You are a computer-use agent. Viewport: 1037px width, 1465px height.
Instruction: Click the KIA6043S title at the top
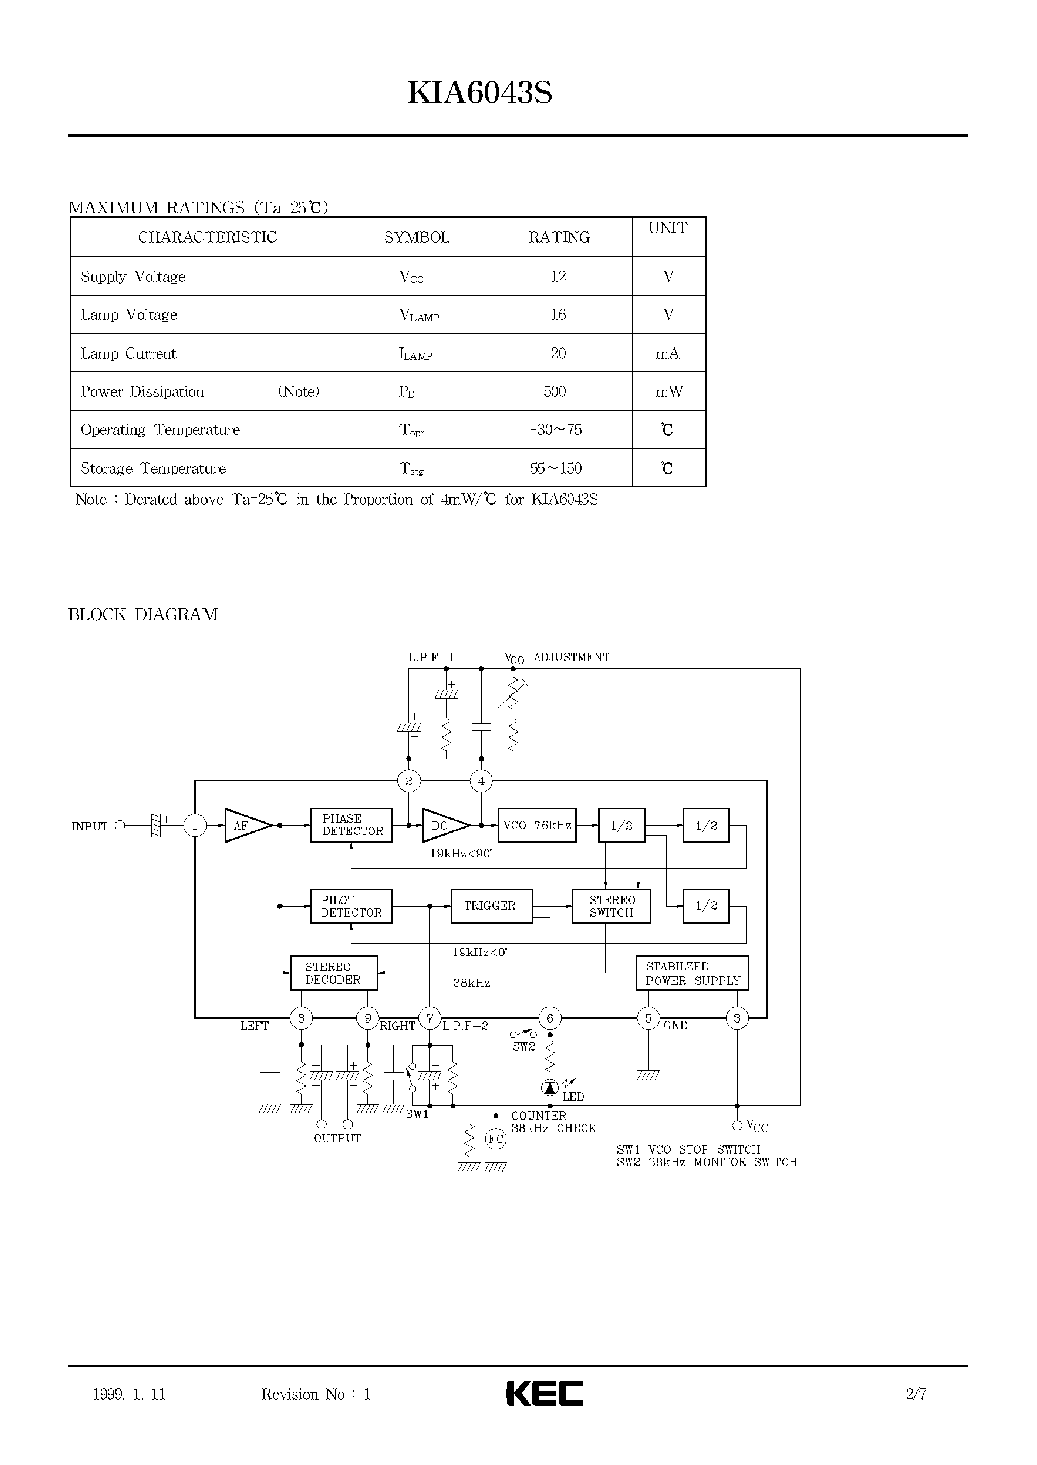pos(480,93)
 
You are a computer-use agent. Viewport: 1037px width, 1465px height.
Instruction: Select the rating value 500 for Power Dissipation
pos(555,391)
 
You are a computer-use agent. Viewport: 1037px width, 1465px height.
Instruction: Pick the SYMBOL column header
pos(417,237)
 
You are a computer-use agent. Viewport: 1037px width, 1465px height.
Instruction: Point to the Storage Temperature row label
pos(153,468)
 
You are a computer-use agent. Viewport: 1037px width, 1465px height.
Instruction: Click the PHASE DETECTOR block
pos(351,825)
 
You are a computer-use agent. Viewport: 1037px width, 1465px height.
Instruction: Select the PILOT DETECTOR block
pos(351,906)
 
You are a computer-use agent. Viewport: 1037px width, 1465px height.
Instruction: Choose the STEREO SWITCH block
pos(611,906)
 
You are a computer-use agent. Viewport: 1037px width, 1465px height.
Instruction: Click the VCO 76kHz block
pos(536,825)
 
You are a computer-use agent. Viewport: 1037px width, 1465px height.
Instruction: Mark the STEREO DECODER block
pos(333,973)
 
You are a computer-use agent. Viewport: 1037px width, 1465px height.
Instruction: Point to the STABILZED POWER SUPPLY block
pos(692,973)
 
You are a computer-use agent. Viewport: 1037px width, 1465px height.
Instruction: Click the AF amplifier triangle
pos(246,825)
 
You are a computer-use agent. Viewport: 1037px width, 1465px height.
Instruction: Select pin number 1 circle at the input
pos(195,825)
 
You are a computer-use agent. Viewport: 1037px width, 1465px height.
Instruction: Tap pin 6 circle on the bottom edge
pos(550,1018)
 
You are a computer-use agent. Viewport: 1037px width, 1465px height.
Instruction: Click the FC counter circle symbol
pos(496,1139)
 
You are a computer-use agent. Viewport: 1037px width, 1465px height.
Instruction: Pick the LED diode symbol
pos(550,1087)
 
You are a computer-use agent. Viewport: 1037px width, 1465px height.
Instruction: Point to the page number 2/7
pos(916,1393)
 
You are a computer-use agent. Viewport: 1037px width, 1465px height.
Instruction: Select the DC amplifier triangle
pos(444,825)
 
